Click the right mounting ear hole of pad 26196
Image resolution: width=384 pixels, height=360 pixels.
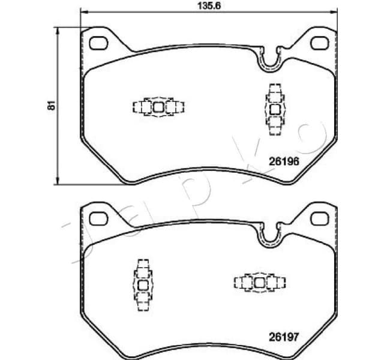[322, 43]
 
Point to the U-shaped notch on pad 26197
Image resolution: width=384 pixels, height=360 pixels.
[269, 236]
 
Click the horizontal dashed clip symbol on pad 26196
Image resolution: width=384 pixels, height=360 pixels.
[158, 107]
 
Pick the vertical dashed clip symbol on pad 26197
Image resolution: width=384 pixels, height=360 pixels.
[143, 285]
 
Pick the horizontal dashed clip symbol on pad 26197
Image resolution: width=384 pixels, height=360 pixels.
[259, 282]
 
